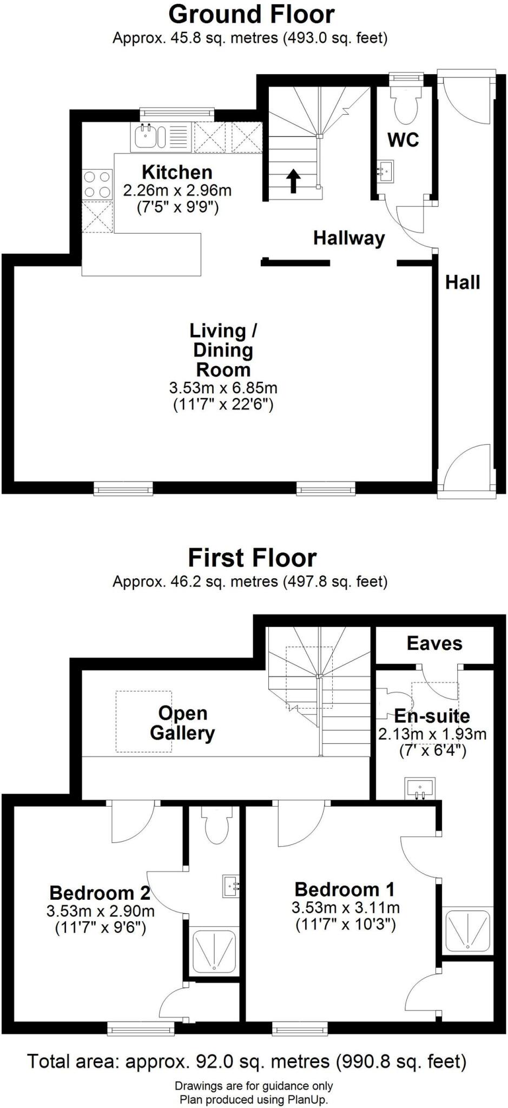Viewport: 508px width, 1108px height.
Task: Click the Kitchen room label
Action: (177, 172)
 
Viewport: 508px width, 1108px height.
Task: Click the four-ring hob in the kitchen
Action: (97, 184)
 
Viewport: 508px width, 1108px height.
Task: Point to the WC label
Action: (404, 140)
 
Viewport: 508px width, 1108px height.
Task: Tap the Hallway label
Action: (349, 238)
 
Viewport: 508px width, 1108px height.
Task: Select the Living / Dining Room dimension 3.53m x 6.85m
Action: (223, 388)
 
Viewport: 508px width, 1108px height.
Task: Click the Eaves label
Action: (434, 643)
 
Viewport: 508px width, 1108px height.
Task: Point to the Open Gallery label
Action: (183, 723)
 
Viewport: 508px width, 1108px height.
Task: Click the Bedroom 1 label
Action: (345, 889)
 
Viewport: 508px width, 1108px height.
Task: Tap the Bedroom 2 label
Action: (100, 892)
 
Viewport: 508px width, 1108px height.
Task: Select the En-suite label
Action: (432, 716)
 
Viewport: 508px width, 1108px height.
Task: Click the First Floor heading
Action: (252, 557)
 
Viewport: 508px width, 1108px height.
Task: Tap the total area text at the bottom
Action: (247, 1061)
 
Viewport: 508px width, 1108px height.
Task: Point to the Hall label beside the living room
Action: (463, 282)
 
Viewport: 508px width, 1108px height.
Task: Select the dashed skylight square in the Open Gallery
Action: (144, 721)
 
